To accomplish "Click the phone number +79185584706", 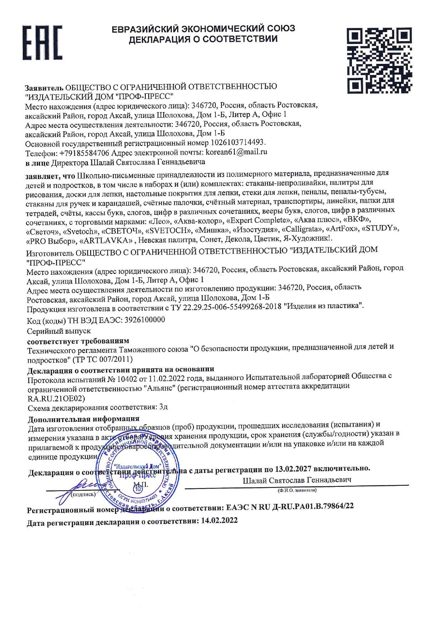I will (x=84, y=153).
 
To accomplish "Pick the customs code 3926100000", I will (x=145, y=320).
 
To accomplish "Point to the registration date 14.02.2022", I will (x=219, y=521).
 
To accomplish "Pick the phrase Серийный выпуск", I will (x=59, y=331).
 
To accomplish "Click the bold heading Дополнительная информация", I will (x=83, y=419).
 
